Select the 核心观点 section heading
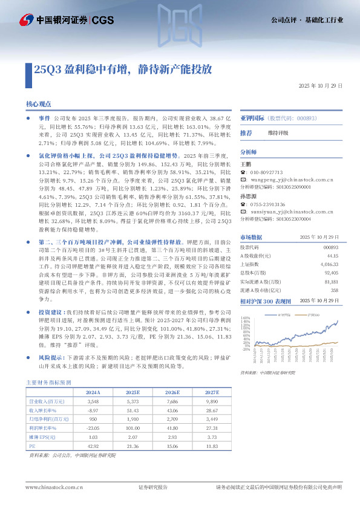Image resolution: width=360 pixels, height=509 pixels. [x=39, y=105]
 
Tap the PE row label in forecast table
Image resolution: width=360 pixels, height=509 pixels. [x=33, y=446]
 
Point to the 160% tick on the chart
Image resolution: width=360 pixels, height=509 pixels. [x=246, y=317]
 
